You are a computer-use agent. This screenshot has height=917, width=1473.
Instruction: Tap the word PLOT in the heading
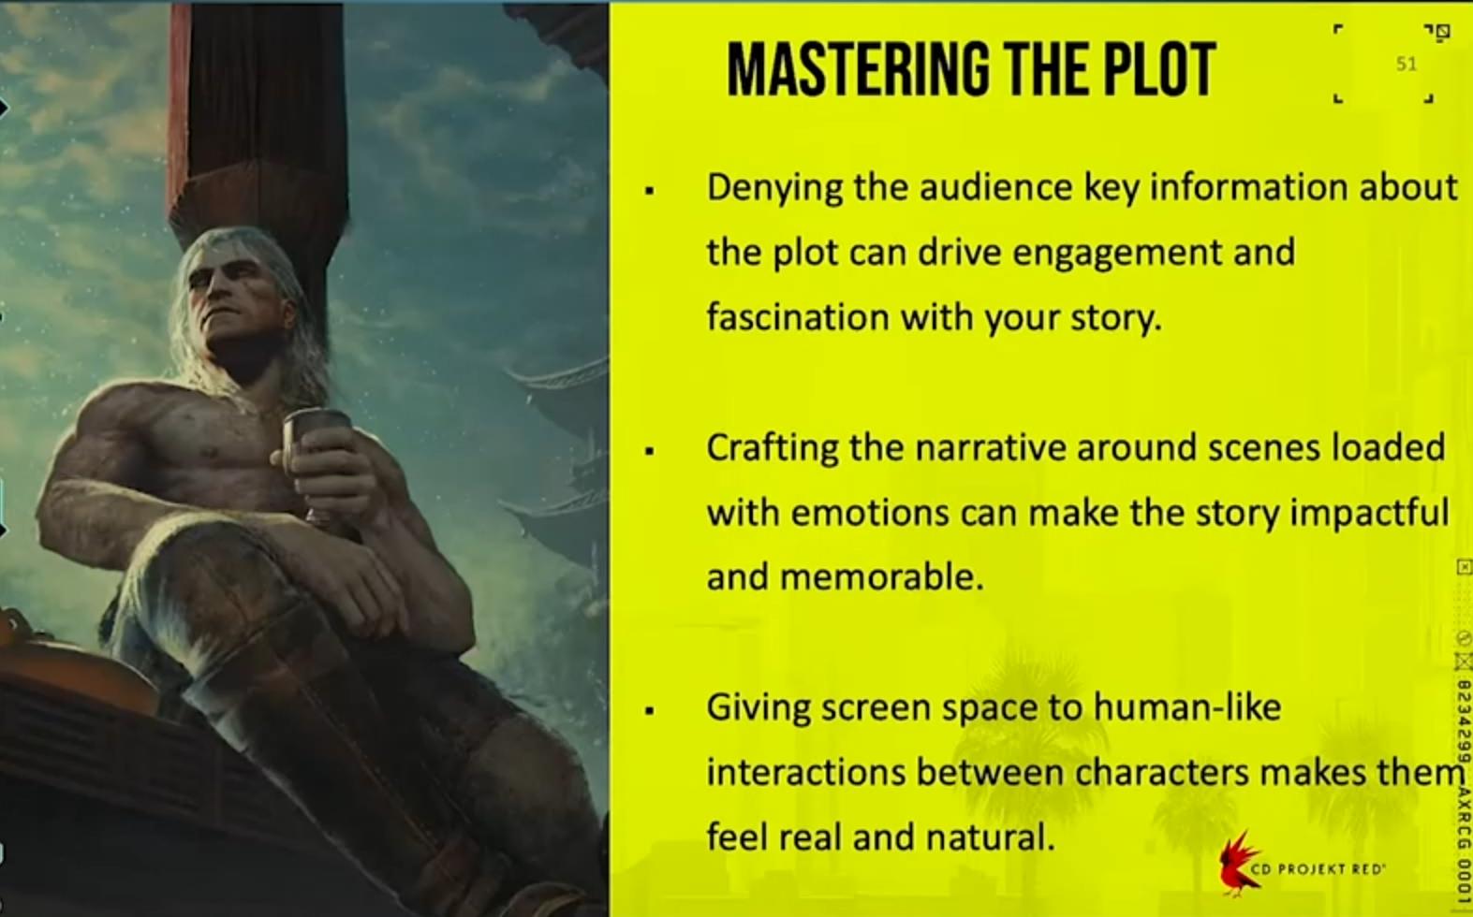(1160, 69)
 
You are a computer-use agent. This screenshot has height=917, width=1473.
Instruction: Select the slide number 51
(1407, 64)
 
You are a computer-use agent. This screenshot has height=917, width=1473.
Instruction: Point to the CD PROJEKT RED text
(1318, 869)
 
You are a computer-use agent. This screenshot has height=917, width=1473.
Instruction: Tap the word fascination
(798, 317)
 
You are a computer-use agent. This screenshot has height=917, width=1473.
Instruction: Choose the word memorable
(882, 577)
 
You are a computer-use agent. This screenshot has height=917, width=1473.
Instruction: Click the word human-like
(1187, 707)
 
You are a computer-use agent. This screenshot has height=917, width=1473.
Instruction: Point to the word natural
(991, 837)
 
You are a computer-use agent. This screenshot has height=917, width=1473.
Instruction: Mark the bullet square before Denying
(650, 191)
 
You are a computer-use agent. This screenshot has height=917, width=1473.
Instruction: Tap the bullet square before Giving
(650, 710)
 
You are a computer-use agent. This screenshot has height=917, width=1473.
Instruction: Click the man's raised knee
(211, 565)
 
